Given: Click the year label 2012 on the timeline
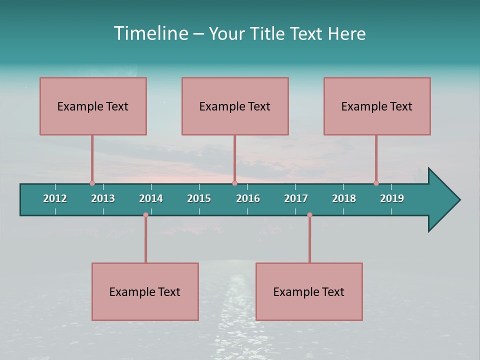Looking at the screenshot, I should coord(55,198).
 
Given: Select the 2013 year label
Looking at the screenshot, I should coord(103,198).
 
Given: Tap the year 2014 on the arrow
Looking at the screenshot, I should coord(151,198).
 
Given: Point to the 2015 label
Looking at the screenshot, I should coord(199,198).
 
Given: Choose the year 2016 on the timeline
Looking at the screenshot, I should coord(248,198).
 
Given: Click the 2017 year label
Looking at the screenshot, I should coord(296,198).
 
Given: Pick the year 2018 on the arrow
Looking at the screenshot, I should coord(344,198).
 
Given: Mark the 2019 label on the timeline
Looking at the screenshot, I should coord(392,198).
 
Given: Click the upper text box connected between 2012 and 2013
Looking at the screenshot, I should coord(93,106).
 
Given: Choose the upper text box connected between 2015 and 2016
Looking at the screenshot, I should coord(235,106).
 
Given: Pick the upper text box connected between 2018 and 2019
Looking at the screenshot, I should coord(377,106).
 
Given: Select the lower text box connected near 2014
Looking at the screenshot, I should coord(145,291).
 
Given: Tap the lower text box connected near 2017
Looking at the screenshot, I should coord(309,291).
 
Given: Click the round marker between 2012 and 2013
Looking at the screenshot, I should coord(92,183).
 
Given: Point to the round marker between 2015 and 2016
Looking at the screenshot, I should coord(234,183).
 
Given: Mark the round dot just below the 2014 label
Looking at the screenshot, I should coord(145,215).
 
